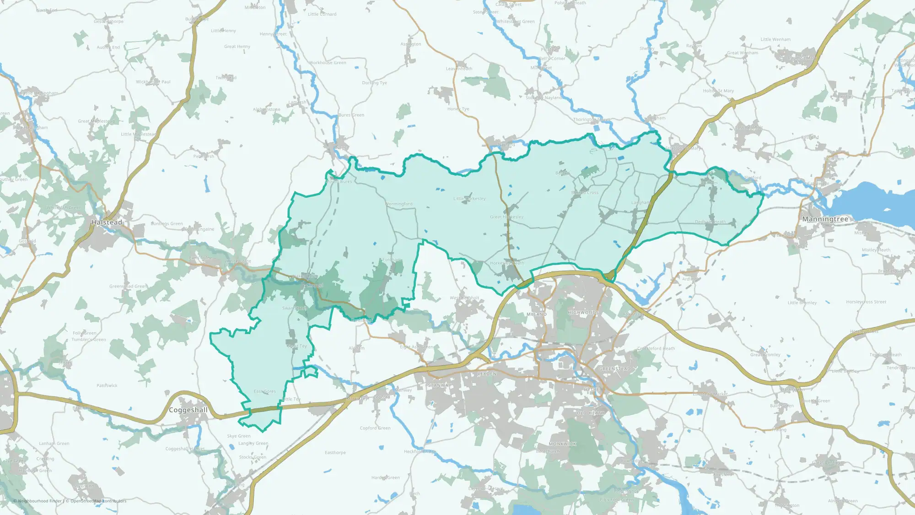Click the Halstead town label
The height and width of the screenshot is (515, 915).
point(107,222)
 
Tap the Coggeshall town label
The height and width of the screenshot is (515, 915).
point(188,410)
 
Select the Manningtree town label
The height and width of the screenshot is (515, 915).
point(825,219)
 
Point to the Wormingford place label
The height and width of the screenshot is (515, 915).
point(399,204)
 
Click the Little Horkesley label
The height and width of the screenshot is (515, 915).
point(469,199)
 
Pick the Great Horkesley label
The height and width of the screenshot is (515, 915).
point(506,217)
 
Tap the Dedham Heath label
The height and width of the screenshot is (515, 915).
point(710,222)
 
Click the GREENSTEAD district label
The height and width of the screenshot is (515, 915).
point(615,369)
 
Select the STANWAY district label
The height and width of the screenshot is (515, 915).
point(439,385)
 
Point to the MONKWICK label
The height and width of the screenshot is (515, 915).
point(562,444)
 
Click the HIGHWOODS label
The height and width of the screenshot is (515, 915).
point(583,313)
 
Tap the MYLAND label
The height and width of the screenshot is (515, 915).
point(536,314)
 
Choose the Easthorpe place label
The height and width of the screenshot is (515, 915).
point(335,453)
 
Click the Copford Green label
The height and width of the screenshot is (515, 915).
point(375,428)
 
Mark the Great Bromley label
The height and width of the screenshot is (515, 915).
point(765,355)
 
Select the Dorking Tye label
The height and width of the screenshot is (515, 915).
point(374,83)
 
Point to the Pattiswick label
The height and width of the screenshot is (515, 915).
point(107,386)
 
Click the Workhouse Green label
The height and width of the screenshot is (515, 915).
point(327,63)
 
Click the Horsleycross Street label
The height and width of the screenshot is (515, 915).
point(866,302)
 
